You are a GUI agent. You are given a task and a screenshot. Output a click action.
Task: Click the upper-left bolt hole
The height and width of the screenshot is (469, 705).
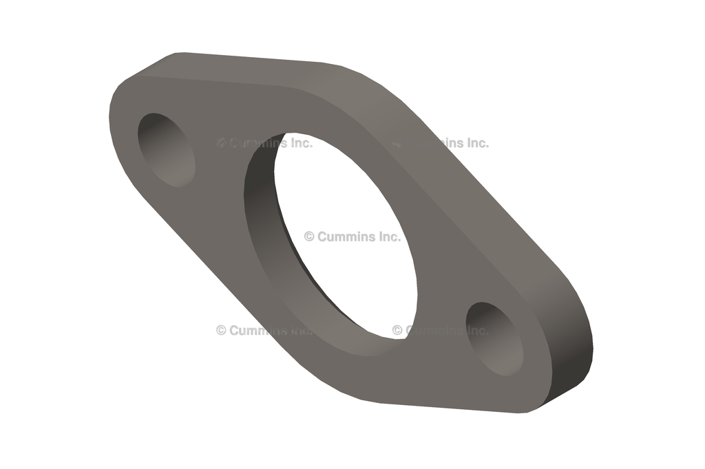tap(167, 149)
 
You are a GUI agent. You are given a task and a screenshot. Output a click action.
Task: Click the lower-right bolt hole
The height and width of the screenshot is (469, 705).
tap(494, 338)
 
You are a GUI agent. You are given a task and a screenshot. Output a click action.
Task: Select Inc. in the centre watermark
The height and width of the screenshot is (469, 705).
tap(388, 237)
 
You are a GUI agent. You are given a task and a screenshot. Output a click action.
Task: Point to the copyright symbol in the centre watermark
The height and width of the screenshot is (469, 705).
tap(309, 237)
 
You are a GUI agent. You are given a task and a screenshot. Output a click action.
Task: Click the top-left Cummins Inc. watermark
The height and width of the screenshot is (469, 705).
tap(264, 143)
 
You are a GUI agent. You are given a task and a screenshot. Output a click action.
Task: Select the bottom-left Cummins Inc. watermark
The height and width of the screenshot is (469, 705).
tap(264, 330)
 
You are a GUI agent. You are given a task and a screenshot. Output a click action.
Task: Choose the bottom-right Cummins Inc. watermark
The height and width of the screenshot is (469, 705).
tap(441, 330)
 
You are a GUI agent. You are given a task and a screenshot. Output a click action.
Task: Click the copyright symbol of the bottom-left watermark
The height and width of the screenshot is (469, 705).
tap(221, 330)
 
